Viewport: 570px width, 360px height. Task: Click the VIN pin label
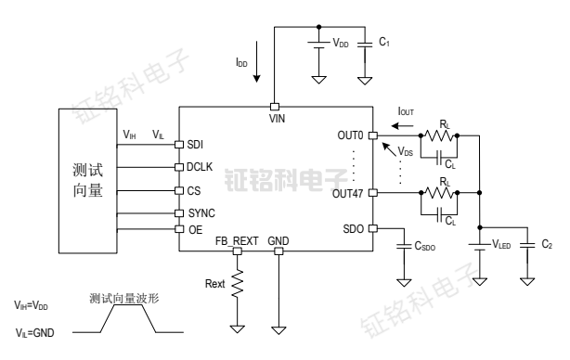coord(276,119)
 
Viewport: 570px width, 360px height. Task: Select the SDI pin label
coord(195,144)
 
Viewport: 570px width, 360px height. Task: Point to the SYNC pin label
coord(201,212)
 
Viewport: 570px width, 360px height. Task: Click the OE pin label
coord(194,228)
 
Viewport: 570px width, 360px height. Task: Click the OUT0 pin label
coord(350,136)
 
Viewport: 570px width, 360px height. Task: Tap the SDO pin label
coord(354,228)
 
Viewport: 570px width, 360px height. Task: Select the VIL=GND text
coord(32,331)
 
